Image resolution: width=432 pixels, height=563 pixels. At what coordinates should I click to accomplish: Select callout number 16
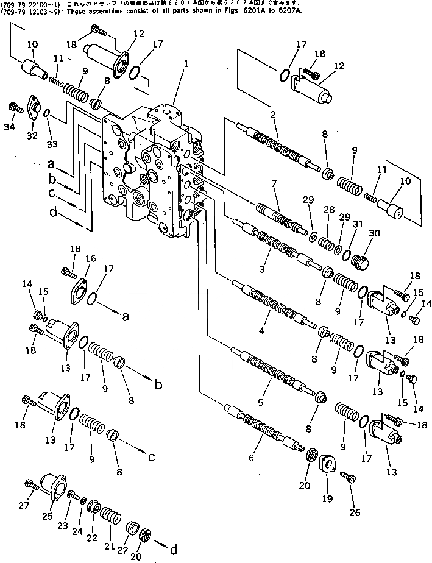90,259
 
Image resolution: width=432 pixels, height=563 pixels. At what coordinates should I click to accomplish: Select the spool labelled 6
262,427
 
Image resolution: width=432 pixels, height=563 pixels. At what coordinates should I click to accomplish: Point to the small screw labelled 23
71,494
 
